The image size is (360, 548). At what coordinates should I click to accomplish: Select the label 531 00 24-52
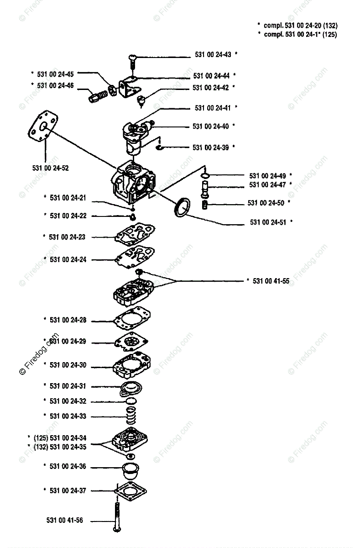click(50, 168)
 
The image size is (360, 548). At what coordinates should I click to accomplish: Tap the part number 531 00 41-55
click(271, 281)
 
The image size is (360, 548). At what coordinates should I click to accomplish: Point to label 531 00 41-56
click(65, 520)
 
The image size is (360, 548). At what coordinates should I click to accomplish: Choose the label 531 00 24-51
click(268, 222)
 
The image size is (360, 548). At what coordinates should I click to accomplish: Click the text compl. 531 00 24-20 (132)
click(301, 26)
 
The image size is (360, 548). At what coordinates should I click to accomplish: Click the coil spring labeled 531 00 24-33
click(131, 416)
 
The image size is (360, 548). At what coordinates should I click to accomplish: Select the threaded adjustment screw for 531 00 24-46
click(98, 95)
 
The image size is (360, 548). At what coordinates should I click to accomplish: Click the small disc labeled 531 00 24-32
click(131, 401)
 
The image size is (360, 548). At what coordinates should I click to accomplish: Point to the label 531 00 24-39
click(210, 148)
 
